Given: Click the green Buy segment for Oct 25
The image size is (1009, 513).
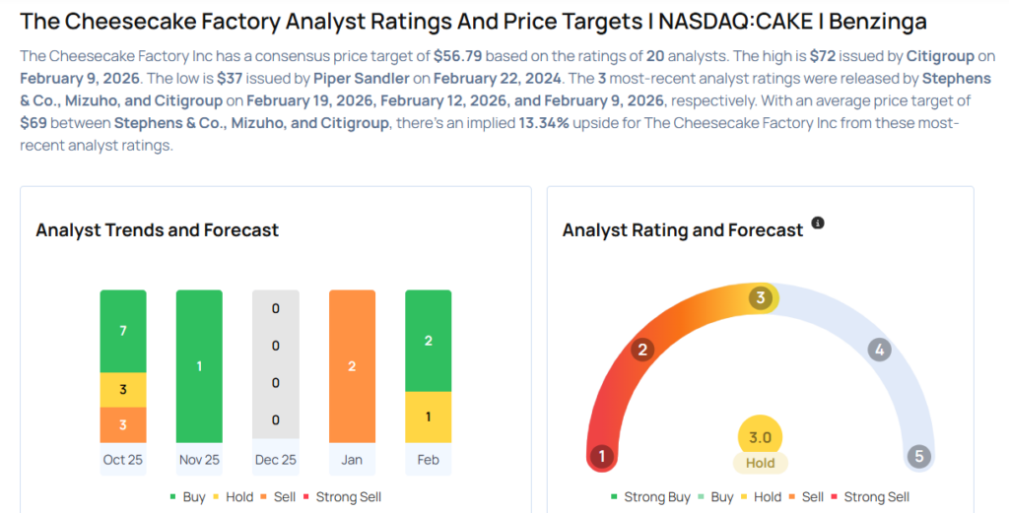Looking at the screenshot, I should (123, 331).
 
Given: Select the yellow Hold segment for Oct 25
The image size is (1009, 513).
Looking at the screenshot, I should (123, 390).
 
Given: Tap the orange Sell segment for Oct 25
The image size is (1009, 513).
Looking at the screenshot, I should (123, 424).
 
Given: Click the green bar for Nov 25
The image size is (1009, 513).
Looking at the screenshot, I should (199, 366).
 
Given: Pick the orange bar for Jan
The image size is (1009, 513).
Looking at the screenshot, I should (352, 366).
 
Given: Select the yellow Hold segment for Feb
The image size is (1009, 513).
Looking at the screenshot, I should (429, 417).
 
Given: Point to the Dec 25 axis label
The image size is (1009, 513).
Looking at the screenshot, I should (275, 460).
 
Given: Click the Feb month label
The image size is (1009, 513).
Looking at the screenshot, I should (429, 460).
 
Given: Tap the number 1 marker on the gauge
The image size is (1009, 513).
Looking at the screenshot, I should (600, 456).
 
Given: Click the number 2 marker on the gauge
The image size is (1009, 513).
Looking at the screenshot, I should (642, 350).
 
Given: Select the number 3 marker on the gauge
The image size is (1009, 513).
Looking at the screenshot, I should (760, 298).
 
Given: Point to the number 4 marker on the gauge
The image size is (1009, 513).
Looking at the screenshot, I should (880, 350).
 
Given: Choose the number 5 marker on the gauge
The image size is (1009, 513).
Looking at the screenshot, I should (918, 456).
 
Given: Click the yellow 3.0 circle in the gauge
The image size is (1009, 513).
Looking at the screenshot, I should (760, 437).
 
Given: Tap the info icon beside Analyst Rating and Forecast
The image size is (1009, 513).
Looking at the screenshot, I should (817, 224).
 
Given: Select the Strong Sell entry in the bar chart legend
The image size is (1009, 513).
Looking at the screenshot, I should (341, 497).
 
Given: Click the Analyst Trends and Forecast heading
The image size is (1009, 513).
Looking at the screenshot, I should (158, 230).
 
